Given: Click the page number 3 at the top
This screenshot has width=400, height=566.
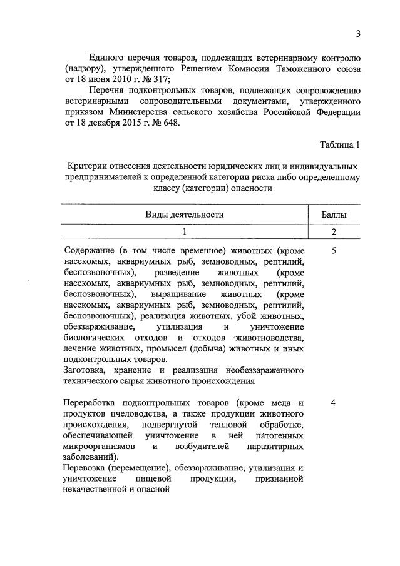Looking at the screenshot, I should click(x=357, y=33).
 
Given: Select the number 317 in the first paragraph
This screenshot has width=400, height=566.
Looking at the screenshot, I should click(x=159, y=77).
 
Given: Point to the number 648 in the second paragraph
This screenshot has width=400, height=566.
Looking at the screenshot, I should click(x=167, y=123).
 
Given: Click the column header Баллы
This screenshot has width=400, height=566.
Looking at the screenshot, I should click(x=335, y=215).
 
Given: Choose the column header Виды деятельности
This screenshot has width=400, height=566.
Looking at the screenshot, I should click(x=185, y=215).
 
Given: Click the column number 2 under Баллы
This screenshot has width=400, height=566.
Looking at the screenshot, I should click(x=335, y=231).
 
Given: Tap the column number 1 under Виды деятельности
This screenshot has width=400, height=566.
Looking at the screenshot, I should click(x=185, y=231).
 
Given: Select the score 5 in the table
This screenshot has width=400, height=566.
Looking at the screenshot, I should click(x=334, y=250).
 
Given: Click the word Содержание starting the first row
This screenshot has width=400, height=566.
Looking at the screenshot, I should click(x=90, y=250).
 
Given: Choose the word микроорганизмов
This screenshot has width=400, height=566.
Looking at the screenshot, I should click(x=100, y=447).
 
